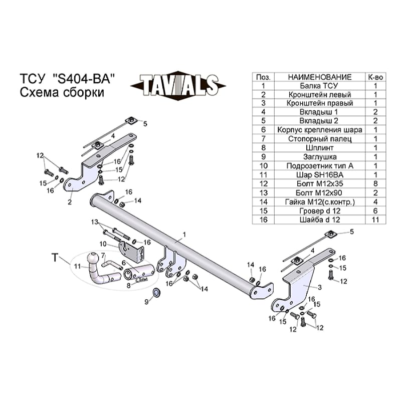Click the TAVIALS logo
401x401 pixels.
click(x=178, y=86)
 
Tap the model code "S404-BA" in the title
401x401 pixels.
click(x=83, y=79)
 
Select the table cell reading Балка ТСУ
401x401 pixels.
click(x=319, y=86)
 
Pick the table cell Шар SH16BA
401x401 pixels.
click(x=319, y=175)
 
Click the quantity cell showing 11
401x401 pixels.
click(x=375, y=220)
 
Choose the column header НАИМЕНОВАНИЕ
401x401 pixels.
click(x=319, y=77)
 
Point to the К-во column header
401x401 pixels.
click(x=375, y=77)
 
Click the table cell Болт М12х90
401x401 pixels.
click(x=319, y=193)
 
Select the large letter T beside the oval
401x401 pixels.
click(x=55, y=257)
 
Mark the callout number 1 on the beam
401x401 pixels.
click(x=184, y=235)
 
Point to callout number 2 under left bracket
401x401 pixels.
click(x=70, y=202)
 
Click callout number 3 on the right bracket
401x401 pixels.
click(x=320, y=287)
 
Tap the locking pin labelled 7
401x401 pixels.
click(x=111, y=265)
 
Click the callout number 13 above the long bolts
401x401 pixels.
click(x=95, y=222)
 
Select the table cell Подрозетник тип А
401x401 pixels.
click(x=319, y=166)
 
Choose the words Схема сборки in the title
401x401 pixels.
click(x=62, y=92)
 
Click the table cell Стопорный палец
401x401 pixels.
click(x=319, y=139)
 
